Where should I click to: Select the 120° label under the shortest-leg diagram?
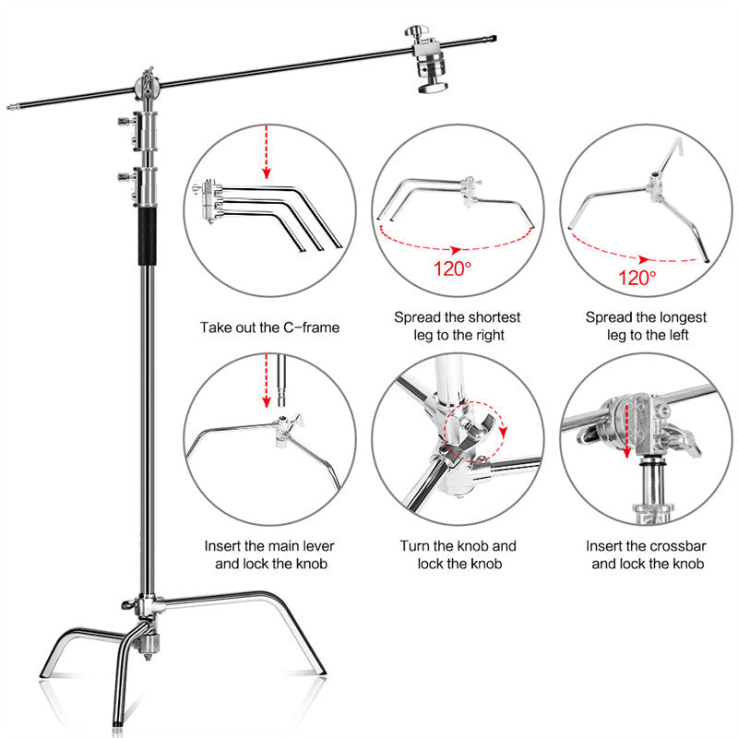pos(452,269)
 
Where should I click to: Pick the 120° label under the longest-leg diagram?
pos(637,276)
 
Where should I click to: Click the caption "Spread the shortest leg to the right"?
pos(458,326)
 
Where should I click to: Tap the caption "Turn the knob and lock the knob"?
pos(458,554)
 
